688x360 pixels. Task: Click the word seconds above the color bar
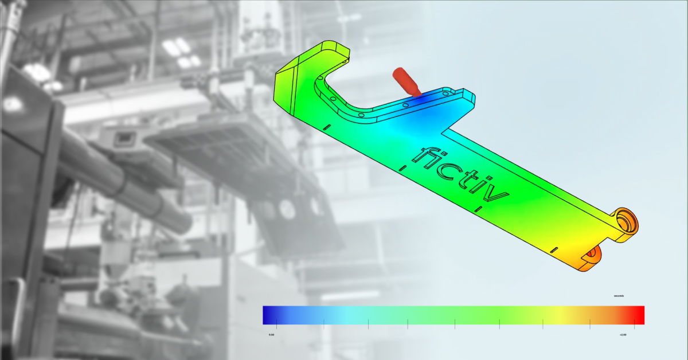tap(618, 296)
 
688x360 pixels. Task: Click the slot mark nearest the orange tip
tap(553, 250)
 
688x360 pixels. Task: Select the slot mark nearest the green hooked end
tap(327, 127)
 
